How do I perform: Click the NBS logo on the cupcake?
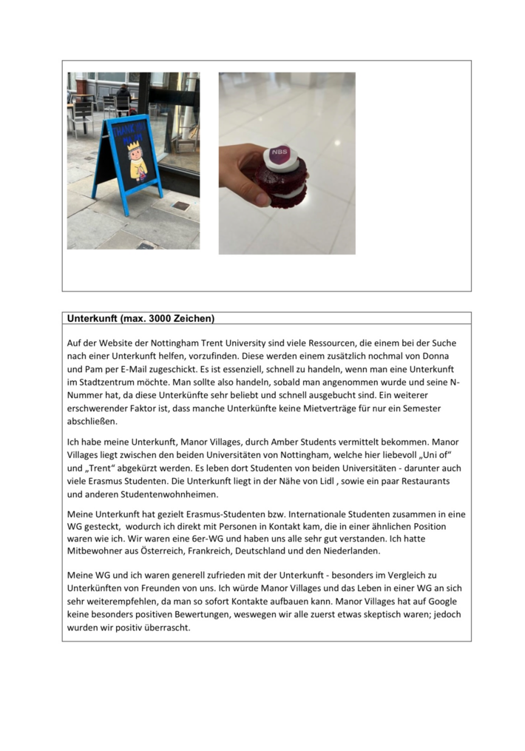tap(279, 153)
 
